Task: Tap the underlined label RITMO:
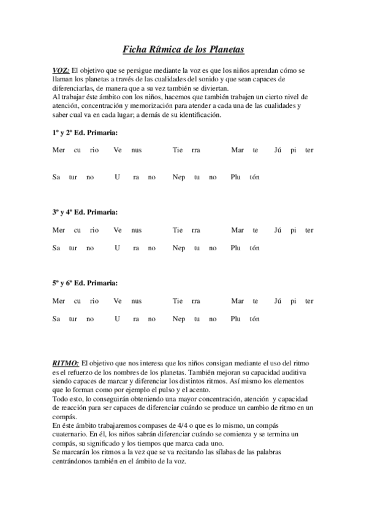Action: (x=66, y=364)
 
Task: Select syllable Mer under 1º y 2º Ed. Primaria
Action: (x=59, y=151)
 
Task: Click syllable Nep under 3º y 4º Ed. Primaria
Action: (x=179, y=248)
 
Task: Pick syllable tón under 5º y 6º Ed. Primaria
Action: (x=254, y=319)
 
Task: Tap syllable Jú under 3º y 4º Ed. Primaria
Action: (x=278, y=230)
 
